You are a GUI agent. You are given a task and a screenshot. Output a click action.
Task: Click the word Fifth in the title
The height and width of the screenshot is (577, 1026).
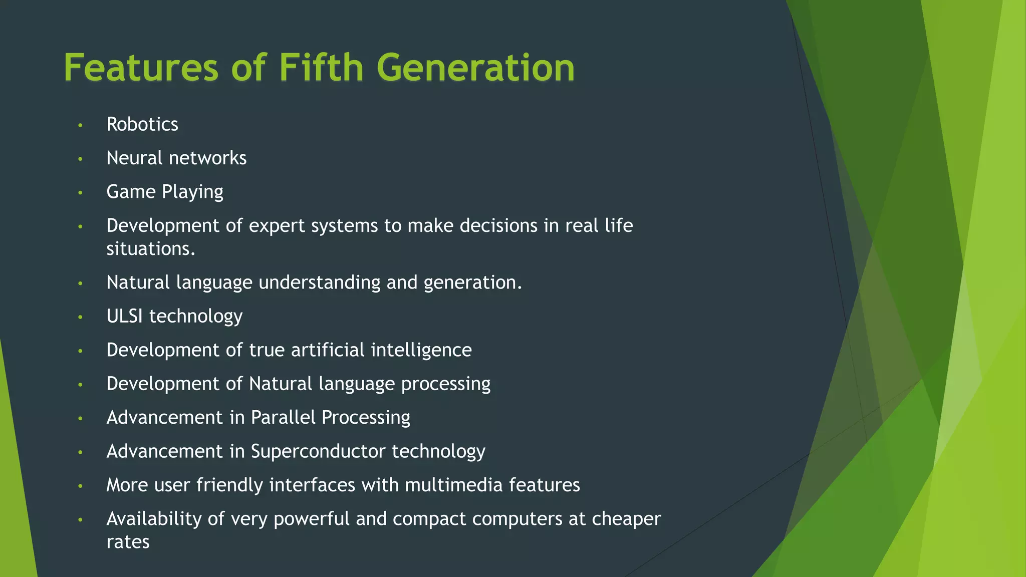coord(321,68)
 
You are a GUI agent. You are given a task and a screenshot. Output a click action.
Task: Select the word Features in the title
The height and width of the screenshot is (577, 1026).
coord(141,68)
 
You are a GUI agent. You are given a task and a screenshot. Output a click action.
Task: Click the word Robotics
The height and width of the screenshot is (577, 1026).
coord(142,124)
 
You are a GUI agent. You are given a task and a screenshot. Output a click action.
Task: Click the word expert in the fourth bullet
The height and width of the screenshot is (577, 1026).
coord(277,226)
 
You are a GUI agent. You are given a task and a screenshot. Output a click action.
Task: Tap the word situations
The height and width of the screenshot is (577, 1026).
coord(150,249)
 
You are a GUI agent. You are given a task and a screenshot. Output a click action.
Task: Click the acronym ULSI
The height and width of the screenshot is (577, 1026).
coord(125,316)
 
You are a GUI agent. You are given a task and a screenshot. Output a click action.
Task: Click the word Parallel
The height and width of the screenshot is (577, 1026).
coord(283,418)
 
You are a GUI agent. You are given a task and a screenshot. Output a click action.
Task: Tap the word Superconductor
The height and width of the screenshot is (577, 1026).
coord(318,451)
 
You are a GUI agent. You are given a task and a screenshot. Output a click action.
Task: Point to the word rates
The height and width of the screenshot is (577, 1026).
coord(128,542)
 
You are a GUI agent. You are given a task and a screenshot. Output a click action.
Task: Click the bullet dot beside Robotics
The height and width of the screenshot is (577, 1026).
coord(80,125)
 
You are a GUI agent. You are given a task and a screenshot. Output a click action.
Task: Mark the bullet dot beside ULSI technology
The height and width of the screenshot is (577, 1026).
coord(80,317)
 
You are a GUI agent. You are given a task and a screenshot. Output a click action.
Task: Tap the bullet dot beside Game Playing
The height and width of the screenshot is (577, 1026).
coord(80,193)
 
